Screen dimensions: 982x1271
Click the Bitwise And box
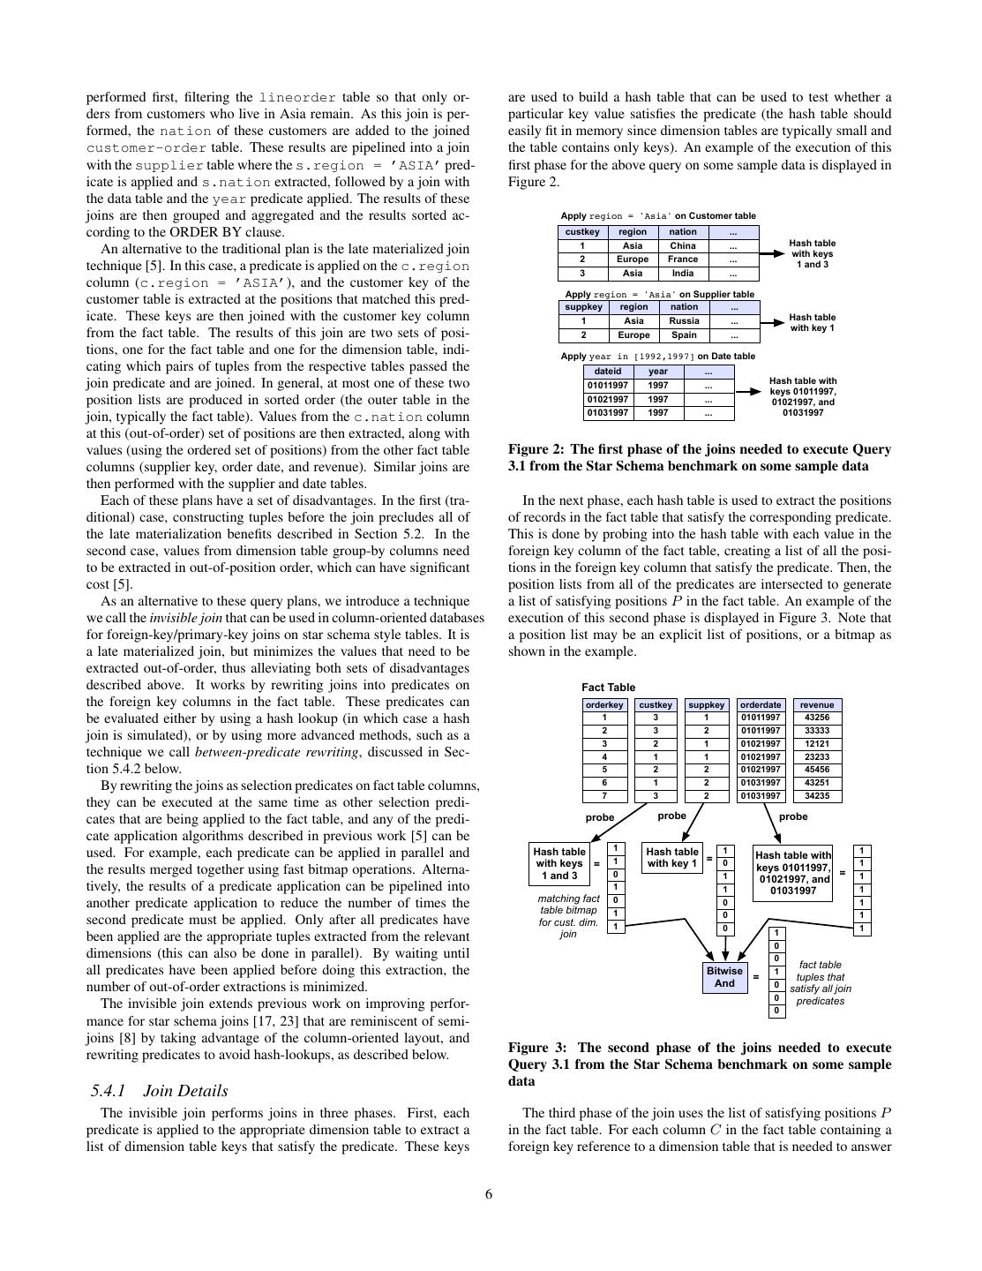725,977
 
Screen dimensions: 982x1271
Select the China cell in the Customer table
683,245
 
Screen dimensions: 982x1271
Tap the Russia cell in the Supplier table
684,320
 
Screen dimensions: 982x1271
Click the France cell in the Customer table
683,259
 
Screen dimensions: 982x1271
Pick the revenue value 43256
817,717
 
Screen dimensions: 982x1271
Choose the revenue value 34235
817,795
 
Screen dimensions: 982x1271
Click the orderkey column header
604,705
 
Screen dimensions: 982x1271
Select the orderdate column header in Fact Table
761,705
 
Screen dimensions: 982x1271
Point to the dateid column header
608,372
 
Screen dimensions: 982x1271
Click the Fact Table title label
608,688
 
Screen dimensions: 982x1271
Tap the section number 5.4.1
109,1091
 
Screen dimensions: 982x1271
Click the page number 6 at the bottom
489,1194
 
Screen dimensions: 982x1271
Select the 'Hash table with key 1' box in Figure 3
672,857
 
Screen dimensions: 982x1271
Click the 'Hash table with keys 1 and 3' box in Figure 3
559,863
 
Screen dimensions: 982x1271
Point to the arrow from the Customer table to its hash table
771,253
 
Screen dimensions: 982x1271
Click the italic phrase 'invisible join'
186,618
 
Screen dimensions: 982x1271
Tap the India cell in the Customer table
683,273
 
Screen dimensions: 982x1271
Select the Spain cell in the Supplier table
684,335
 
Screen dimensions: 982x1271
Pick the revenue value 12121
817,743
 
